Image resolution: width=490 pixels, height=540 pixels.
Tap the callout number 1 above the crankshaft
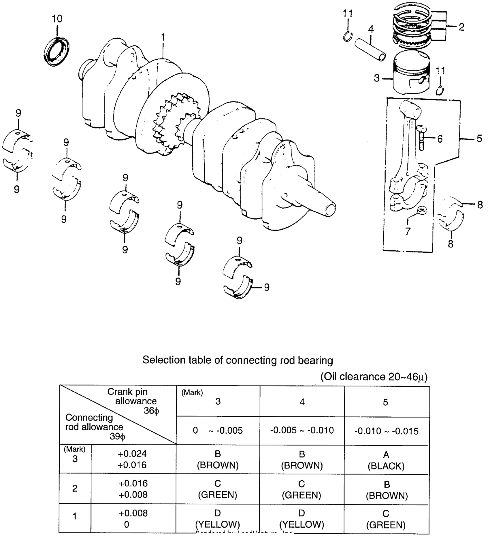[163, 37]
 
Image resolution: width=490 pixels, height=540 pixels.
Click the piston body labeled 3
[411, 75]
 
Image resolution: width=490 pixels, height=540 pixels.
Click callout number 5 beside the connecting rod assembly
[479, 139]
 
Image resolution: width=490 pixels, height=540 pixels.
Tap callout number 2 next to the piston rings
[461, 27]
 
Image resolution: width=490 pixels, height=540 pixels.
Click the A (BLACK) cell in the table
[386, 460]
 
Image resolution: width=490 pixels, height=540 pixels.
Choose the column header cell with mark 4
[302, 402]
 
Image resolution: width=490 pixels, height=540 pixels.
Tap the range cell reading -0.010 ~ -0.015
[386, 431]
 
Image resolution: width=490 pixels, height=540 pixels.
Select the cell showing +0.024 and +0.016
[133, 459]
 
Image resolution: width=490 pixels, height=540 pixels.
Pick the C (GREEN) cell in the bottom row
[386, 519]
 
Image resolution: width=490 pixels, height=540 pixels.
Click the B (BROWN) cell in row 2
[387, 490]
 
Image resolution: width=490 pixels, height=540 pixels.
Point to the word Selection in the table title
[163, 360]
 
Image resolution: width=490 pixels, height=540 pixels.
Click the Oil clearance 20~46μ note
[374, 376]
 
